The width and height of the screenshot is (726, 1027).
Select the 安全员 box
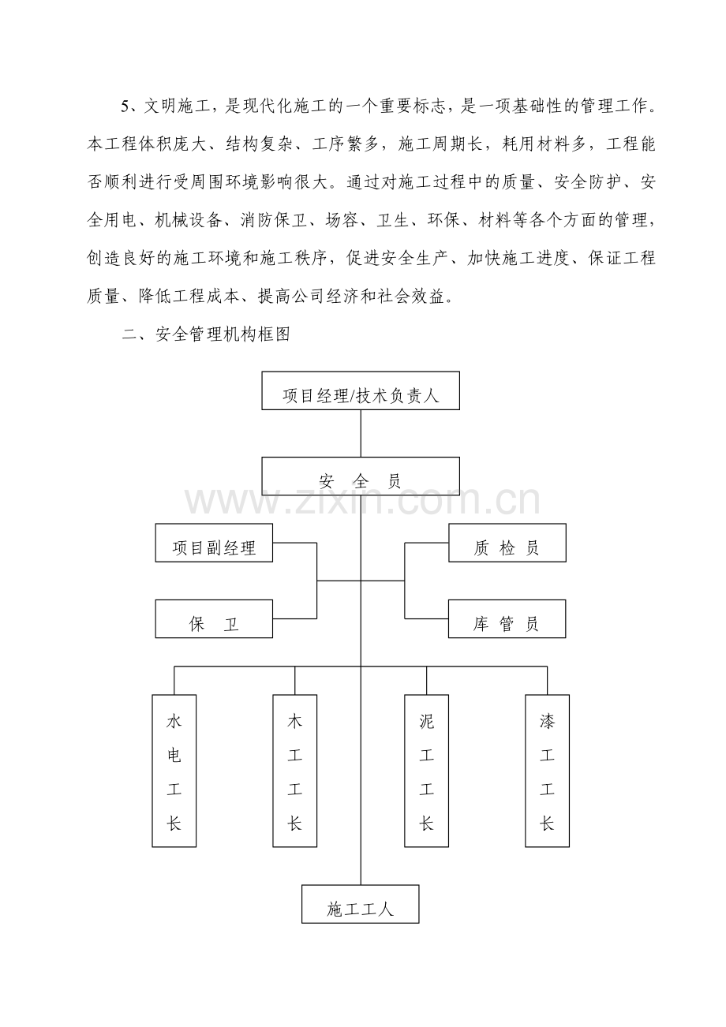361,480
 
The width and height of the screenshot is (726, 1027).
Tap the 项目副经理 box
214,543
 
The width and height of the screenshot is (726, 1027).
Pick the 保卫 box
214,619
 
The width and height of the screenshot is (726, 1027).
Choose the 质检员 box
507,543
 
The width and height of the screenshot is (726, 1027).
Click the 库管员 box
507,619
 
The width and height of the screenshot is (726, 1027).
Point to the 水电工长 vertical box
174,771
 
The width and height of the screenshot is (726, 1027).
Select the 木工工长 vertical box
294,771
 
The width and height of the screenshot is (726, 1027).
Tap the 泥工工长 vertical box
427,771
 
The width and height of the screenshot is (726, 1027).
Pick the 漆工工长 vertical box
547,771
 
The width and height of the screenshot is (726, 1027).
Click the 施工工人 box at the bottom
361,904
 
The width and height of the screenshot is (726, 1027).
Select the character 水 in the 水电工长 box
174,720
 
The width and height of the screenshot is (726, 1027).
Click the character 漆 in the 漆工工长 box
547,720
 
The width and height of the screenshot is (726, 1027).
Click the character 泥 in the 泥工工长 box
427,720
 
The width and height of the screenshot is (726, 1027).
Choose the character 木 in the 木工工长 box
294,720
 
